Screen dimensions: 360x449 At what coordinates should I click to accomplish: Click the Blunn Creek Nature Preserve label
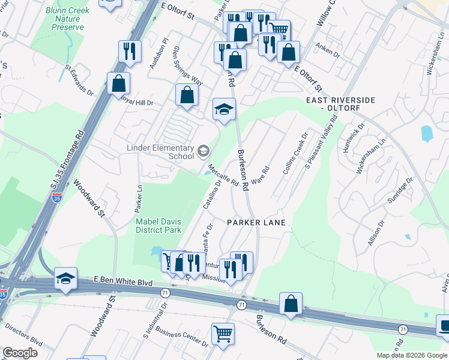point(68,19)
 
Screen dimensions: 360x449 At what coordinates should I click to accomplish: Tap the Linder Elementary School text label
point(160,152)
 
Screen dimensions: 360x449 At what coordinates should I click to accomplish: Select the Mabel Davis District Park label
point(158,225)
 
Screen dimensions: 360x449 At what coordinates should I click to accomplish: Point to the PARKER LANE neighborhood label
point(256,222)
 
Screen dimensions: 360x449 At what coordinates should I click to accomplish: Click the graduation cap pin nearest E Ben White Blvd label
point(65,278)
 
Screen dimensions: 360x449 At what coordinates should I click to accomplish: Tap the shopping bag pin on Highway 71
point(291,304)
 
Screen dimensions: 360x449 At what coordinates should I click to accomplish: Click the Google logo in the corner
point(20,352)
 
